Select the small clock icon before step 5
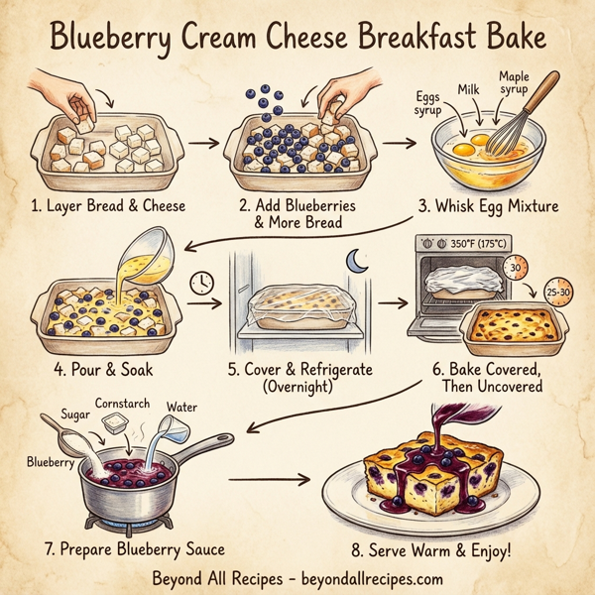201,283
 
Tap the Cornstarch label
123,405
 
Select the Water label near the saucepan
181,407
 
